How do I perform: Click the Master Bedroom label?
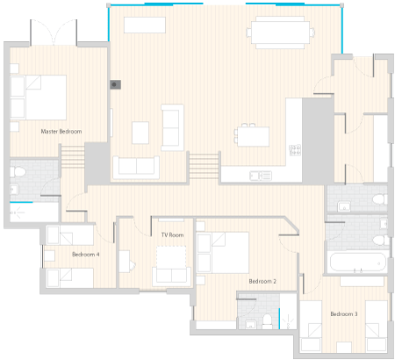click(61, 132)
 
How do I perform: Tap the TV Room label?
click(172, 235)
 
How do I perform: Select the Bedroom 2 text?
click(262, 281)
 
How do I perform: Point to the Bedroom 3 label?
click(344, 314)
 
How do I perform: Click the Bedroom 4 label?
click(85, 255)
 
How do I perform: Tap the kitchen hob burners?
click(295, 150)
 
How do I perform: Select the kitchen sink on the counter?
click(261, 176)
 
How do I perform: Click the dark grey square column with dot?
click(115, 84)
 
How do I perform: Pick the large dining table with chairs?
click(280, 32)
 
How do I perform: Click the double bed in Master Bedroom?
click(39, 97)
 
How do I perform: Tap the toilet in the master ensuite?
click(18, 172)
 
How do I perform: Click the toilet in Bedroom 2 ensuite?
click(267, 321)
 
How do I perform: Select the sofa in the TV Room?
click(171, 276)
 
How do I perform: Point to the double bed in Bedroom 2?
click(223, 253)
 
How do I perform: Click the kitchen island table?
click(253, 136)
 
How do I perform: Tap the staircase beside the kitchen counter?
click(204, 167)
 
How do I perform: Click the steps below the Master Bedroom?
click(73, 157)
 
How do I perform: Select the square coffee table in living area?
click(140, 133)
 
